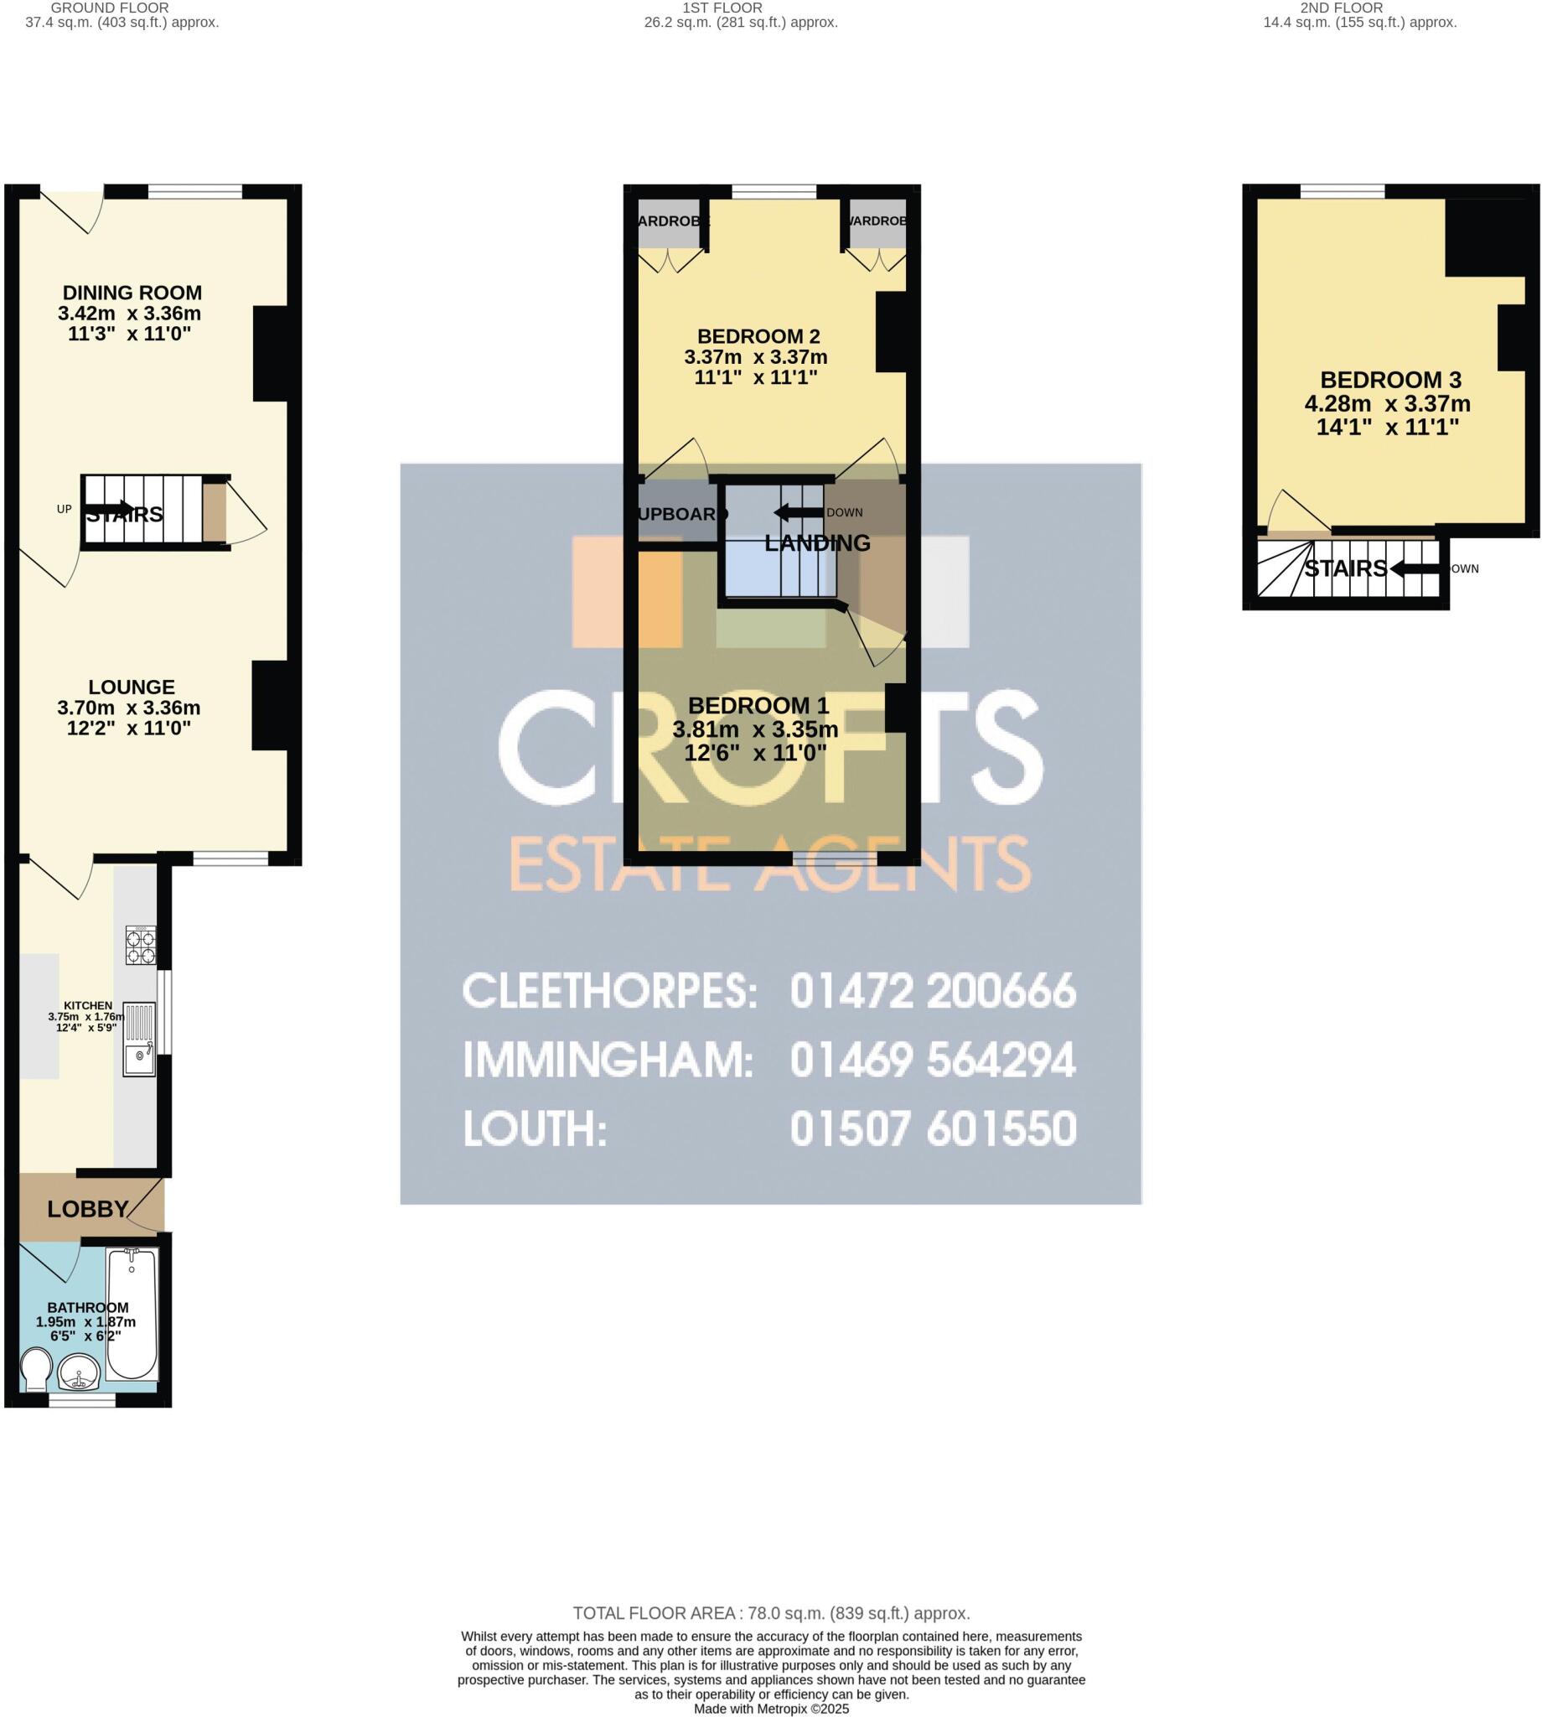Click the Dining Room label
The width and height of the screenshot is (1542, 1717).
[x=132, y=293]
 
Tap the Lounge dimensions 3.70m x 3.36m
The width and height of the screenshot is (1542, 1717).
[x=129, y=708]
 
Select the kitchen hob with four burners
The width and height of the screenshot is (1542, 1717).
[x=141, y=946]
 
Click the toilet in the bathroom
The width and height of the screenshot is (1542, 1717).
[x=35, y=1370]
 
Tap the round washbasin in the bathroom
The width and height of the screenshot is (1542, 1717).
[x=79, y=1372]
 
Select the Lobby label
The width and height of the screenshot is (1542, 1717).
[x=87, y=1209]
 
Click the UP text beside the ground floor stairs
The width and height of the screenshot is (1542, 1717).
[x=65, y=510]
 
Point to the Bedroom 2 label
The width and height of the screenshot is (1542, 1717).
[x=758, y=336]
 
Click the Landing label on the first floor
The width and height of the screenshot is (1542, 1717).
[x=817, y=543]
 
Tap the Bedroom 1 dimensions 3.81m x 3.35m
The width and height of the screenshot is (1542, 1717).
[x=755, y=729]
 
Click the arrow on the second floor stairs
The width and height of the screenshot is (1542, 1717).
[x=1414, y=568]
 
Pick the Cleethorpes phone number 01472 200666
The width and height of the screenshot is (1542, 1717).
[x=933, y=992]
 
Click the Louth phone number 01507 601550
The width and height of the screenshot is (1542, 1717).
[x=933, y=1128]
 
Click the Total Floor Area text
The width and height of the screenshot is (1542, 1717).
[x=771, y=1614]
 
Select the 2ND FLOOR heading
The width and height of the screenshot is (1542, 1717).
[x=1341, y=8]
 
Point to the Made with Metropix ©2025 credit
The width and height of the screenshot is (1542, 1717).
[x=771, y=1709]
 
